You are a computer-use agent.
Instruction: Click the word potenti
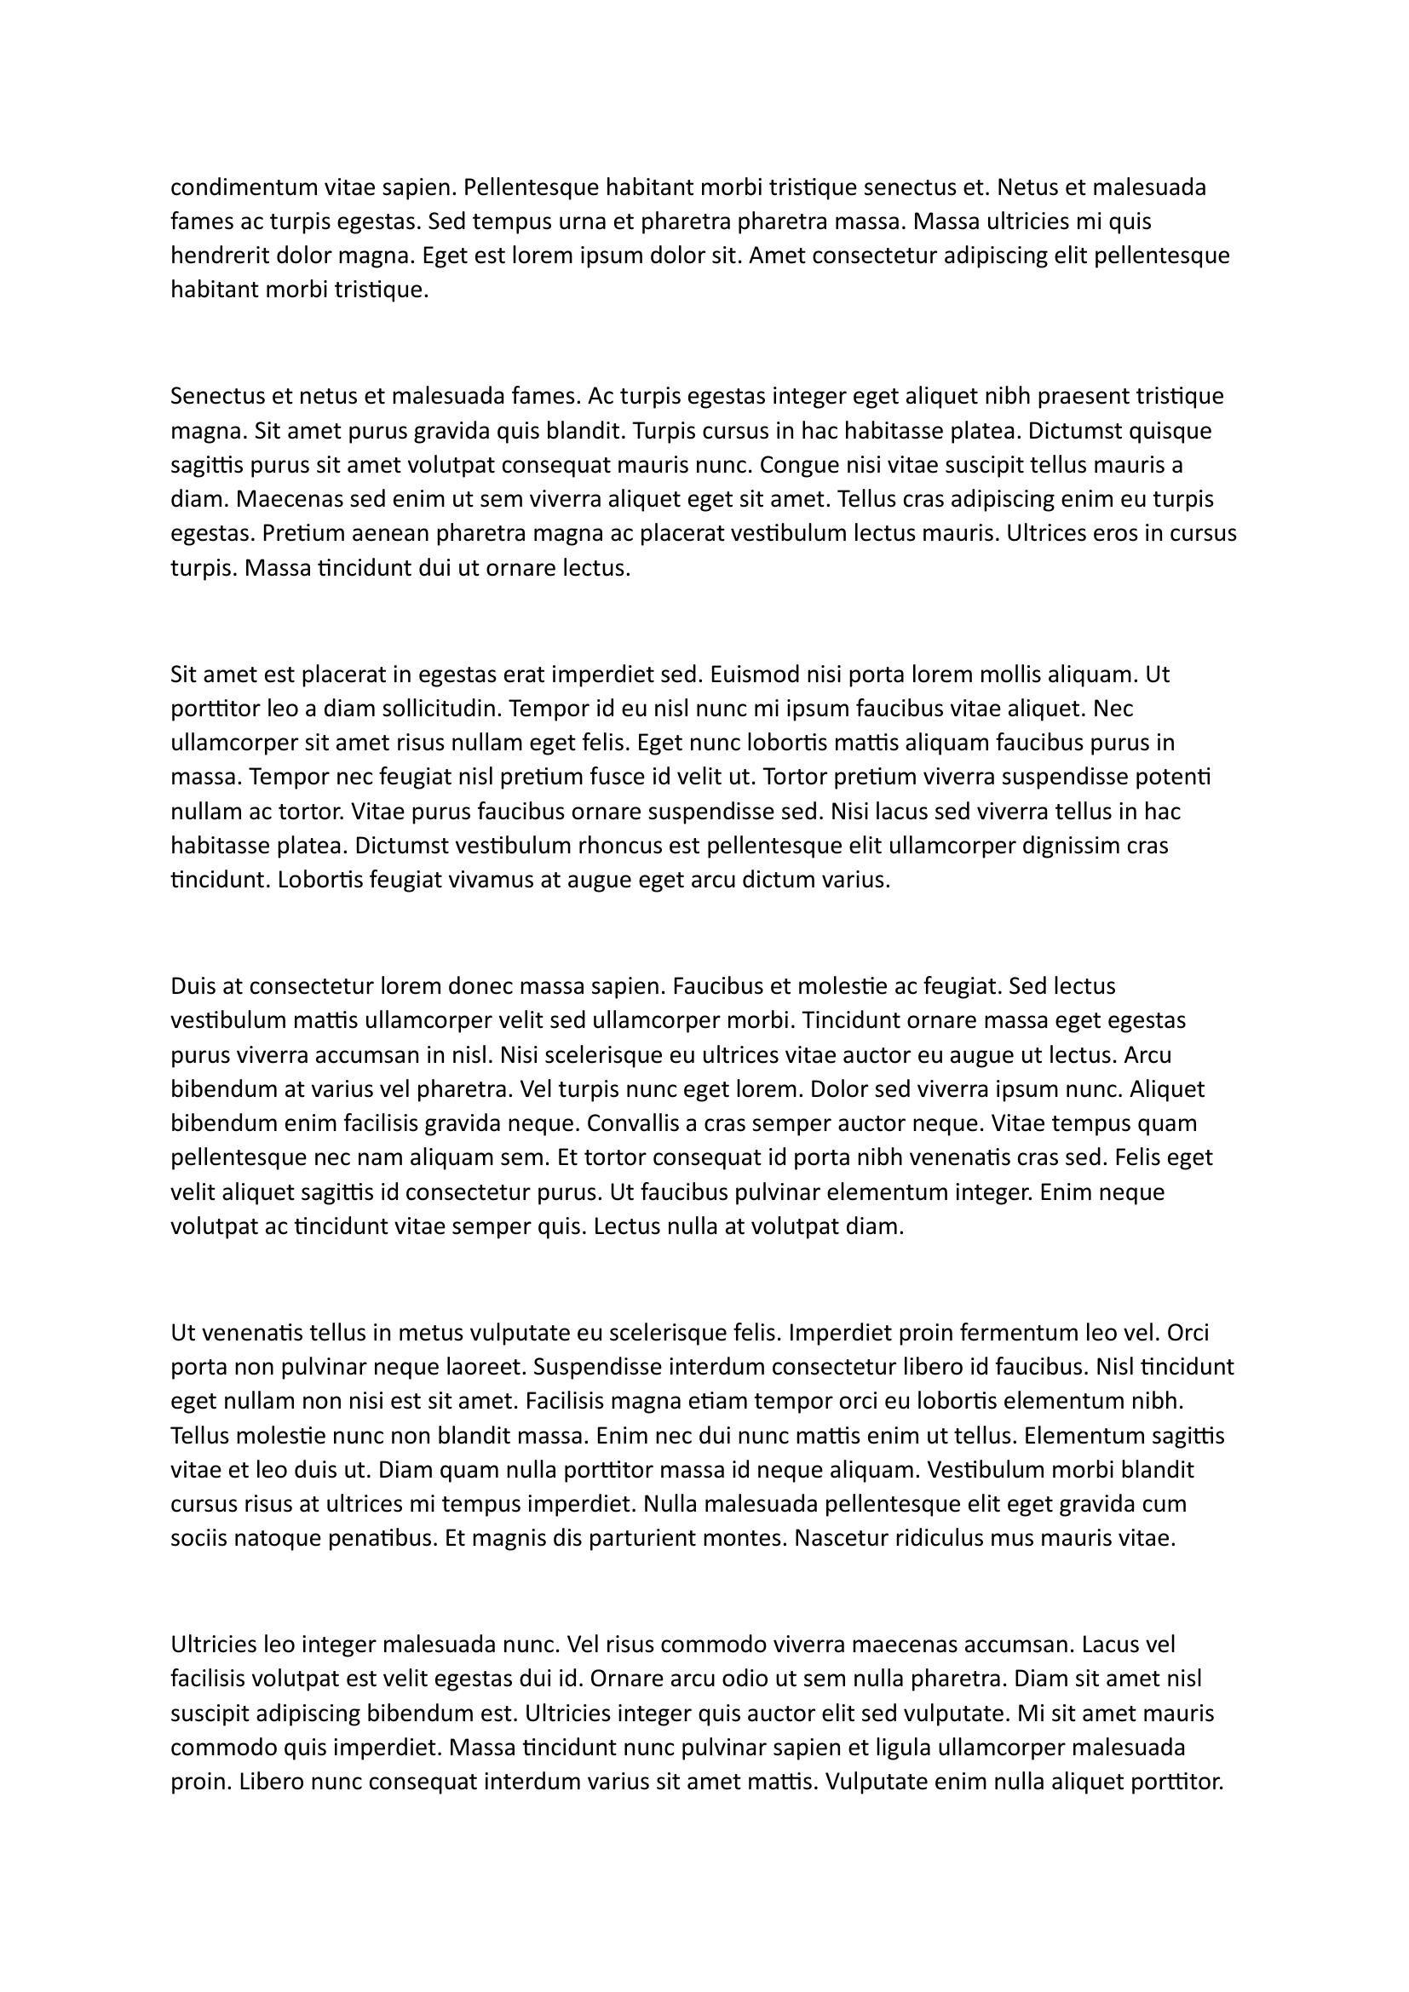[x=1177, y=777]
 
